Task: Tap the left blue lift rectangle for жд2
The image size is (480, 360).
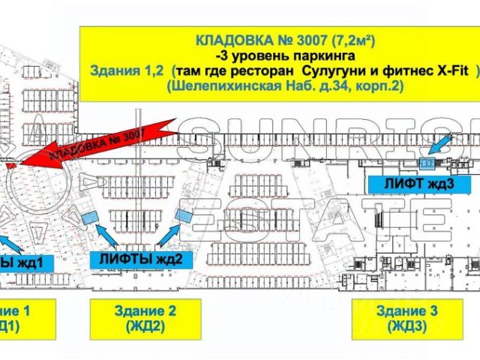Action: pos(90,217)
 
